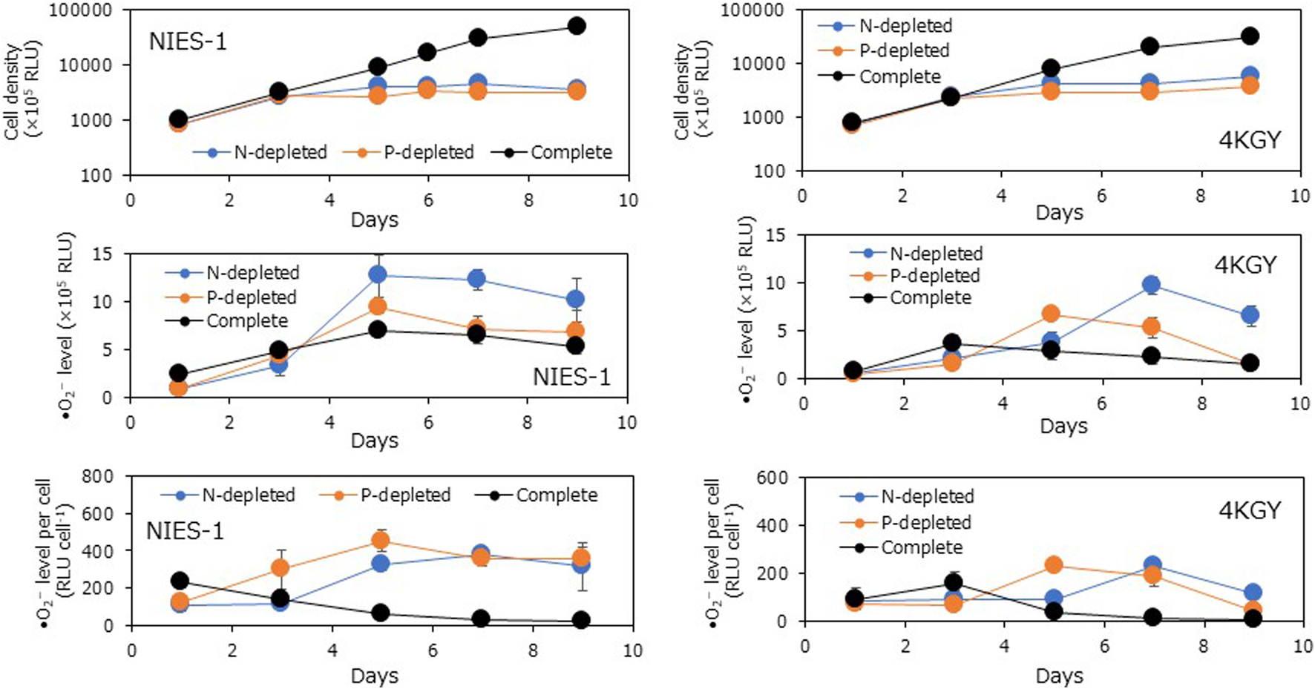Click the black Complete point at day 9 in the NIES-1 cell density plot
pos(577,26)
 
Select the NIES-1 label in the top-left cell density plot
pos(188,42)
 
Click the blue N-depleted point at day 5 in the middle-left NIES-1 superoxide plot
pos(378,274)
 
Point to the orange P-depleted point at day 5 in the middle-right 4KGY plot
pos(1051,314)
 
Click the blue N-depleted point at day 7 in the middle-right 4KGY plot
pos(1151,285)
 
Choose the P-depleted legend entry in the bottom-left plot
pos(404,495)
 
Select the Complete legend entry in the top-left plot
pos(570,153)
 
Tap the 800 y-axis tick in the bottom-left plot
pos(97,477)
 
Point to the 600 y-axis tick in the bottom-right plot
pos(771,478)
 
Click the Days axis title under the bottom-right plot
pos(1059,676)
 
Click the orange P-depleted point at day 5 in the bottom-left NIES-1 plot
pos(380,541)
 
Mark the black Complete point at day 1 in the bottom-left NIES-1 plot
pos(178,581)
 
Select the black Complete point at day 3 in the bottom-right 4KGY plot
pos(954,582)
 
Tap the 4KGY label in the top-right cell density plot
pos(1250,140)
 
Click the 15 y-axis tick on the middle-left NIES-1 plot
pos(102,254)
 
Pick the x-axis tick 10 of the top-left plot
pos(628,200)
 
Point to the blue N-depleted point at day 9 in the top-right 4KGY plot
pos(1250,76)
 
